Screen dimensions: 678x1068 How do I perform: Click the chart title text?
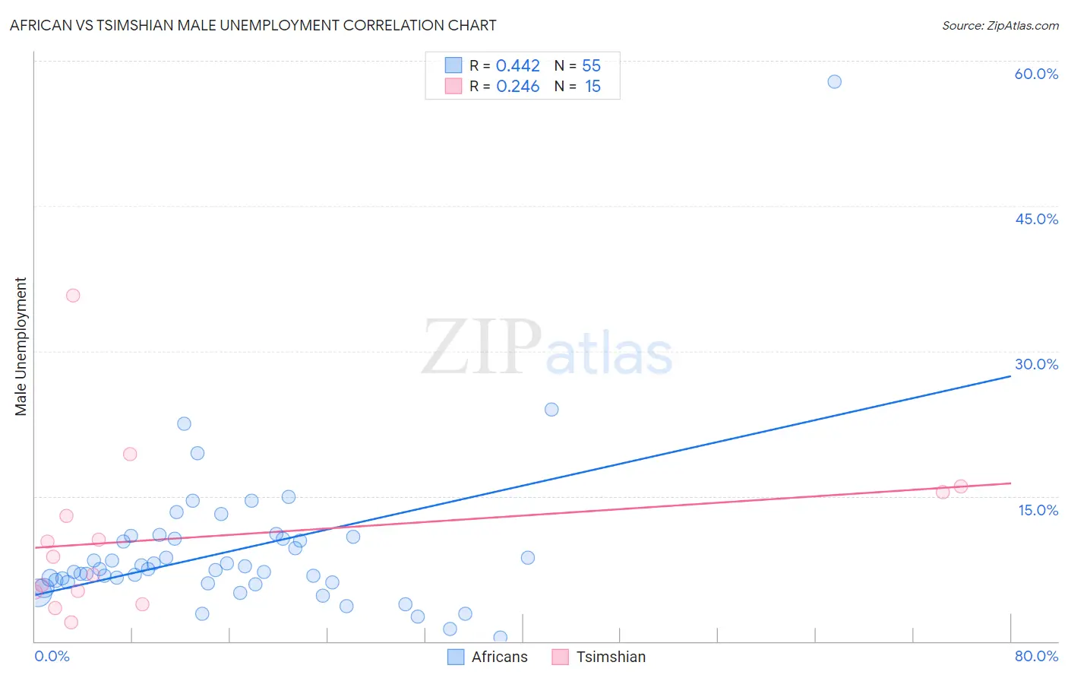click(x=253, y=25)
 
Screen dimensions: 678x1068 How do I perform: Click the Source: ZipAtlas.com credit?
click(x=1000, y=25)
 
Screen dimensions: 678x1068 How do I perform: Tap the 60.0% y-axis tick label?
click(x=1036, y=74)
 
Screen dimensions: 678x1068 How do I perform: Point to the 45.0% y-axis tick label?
click(x=1036, y=219)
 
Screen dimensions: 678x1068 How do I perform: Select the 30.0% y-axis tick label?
click(x=1036, y=364)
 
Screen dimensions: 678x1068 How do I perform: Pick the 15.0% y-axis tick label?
click(x=1038, y=510)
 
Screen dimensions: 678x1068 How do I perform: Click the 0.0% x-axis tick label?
click(x=52, y=656)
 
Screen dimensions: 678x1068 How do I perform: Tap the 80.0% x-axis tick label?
click(x=1036, y=656)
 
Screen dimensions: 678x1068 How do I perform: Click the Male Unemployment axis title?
click(x=21, y=347)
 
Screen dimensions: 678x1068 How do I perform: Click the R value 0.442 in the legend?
click(x=517, y=66)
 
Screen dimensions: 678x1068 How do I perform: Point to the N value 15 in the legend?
click(x=592, y=87)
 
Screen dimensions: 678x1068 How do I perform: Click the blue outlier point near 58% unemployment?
click(x=834, y=81)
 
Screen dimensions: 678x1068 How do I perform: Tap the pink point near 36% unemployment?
click(x=73, y=296)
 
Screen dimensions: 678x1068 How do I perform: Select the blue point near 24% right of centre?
click(x=551, y=410)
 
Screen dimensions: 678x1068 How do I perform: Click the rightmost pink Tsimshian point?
click(x=960, y=486)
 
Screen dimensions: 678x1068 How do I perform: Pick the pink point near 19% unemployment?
click(x=130, y=454)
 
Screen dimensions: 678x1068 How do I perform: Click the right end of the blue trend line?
click(x=1010, y=375)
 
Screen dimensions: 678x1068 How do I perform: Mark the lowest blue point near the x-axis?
click(x=500, y=637)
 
